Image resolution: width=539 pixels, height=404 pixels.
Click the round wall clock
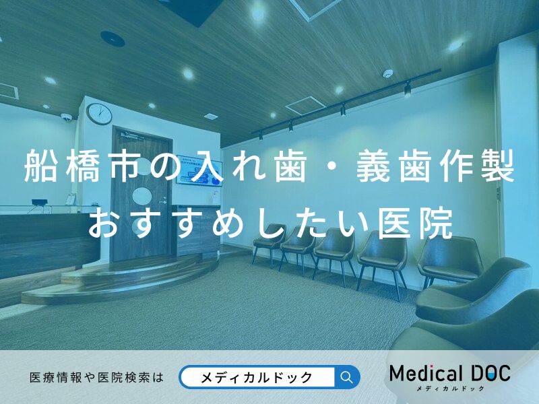click(x=98, y=114)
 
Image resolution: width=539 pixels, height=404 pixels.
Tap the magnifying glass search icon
click(x=347, y=377)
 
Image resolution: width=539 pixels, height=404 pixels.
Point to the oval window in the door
click(x=142, y=196)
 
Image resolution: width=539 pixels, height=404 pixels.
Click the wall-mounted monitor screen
click(x=199, y=174)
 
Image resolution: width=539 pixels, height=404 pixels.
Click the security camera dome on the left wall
click(x=66, y=117)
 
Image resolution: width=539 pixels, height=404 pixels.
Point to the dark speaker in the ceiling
click(x=113, y=38)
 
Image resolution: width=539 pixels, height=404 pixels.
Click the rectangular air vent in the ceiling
click(x=305, y=105)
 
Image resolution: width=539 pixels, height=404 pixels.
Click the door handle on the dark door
click(x=162, y=202)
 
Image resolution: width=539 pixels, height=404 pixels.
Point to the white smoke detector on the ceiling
click(x=387, y=73)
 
